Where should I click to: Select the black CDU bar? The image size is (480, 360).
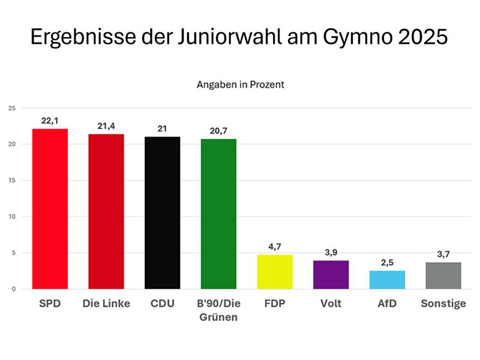coord(162,213)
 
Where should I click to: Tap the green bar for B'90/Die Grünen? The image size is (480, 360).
coord(218,214)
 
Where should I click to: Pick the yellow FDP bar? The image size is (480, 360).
coord(275,272)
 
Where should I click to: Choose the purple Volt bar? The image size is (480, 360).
coord(331,275)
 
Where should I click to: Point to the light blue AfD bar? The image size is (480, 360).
coord(387,280)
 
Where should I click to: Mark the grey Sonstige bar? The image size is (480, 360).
coord(443,275)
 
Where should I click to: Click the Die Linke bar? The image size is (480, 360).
coord(106,211)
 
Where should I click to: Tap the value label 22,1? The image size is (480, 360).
coord(50,121)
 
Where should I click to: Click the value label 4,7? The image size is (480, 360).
coord(275,247)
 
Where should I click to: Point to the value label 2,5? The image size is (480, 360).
coord(387,263)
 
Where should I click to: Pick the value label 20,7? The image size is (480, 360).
coord(218,131)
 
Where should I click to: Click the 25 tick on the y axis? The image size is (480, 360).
coord(11,108)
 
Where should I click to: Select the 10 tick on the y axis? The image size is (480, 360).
coord(11,217)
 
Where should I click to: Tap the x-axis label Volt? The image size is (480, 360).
coord(331,304)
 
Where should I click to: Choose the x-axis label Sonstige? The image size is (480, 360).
coord(443,304)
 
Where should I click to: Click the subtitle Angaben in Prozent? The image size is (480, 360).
coord(240,85)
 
